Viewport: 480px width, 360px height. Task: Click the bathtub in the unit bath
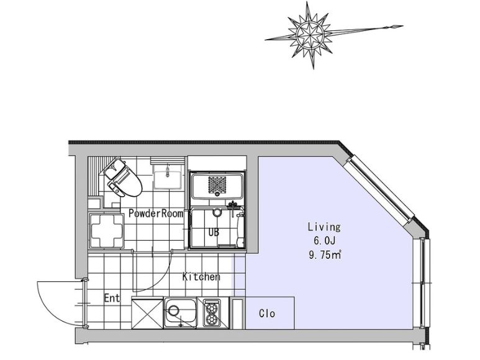click(217, 185)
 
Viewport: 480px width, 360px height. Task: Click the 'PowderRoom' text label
click(155, 214)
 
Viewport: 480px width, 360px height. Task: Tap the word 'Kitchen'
click(201, 277)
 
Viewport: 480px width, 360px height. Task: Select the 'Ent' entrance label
click(111, 299)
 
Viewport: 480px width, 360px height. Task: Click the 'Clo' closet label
click(266, 313)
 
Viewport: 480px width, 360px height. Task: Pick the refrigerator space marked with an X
click(147, 313)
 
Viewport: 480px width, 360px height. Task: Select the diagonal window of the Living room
click(381, 189)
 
